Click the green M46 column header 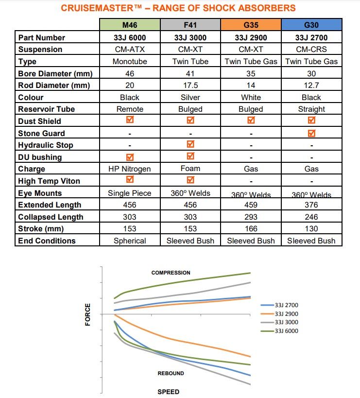(x=130, y=25)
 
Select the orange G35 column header (x=251, y=25)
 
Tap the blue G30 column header (x=311, y=25)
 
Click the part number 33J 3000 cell (x=190, y=37)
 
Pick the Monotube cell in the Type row (x=130, y=61)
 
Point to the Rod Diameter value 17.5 (x=190, y=85)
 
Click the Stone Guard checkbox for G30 (x=311, y=133)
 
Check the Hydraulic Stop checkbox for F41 (x=190, y=144)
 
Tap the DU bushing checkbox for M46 (x=130, y=156)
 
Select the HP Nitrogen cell (x=130, y=169)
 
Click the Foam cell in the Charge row (x=190, y=169)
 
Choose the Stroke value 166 (x=251, y=228)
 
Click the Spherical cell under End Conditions (x=130, y=241)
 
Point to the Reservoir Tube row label (x=47, y=109)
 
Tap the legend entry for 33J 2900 (x=286, y=313)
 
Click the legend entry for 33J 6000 (x=286, y=331)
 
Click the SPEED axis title (x=168, y=392)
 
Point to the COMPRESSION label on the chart (x=171, y=273)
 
